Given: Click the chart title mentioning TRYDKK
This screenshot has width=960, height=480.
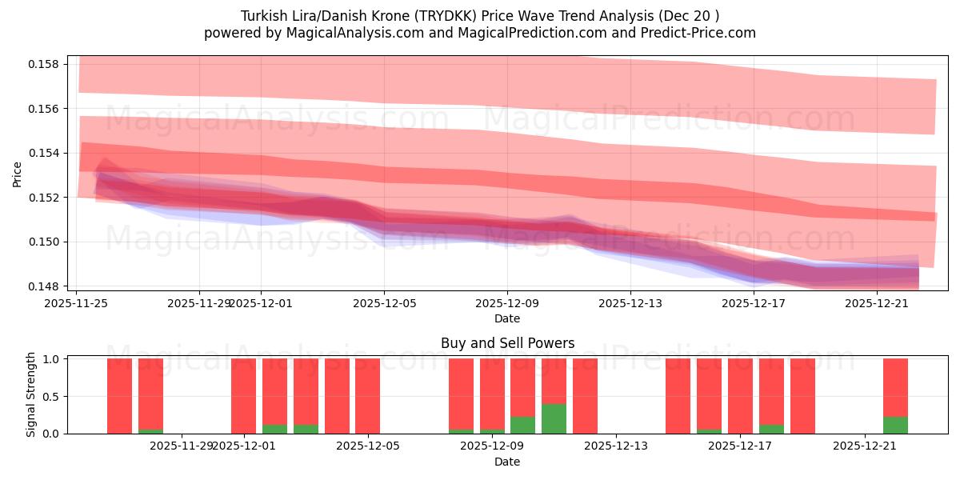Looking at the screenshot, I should click(479, 15).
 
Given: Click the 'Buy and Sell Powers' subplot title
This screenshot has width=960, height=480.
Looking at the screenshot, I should click(507, 343).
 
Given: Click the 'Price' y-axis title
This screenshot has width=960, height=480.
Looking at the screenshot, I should click(18, 174).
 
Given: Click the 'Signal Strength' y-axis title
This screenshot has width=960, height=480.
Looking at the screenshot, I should click(30, 394).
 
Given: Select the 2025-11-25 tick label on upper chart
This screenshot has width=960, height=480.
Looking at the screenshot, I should click(77, 303).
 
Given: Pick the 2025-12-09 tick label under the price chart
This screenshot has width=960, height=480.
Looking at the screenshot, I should click(507, 303).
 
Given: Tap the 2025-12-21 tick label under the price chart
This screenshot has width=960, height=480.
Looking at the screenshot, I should click(876, 303).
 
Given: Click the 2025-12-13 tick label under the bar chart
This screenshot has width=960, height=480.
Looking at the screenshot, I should click(616, 446).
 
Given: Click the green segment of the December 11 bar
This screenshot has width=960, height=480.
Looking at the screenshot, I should click(554, 418).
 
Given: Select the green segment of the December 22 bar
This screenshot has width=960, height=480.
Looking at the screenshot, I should click(895, 425).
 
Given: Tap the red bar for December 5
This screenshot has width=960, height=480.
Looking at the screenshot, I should click(367, 396).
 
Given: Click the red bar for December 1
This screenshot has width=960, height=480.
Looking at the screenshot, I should click(243, 396).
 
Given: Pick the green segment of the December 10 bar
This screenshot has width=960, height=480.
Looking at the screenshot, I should click(522, 425).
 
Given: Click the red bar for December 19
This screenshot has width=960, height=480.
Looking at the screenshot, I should click(802, 396).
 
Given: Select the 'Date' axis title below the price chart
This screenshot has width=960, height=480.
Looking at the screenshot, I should click(507, 318).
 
